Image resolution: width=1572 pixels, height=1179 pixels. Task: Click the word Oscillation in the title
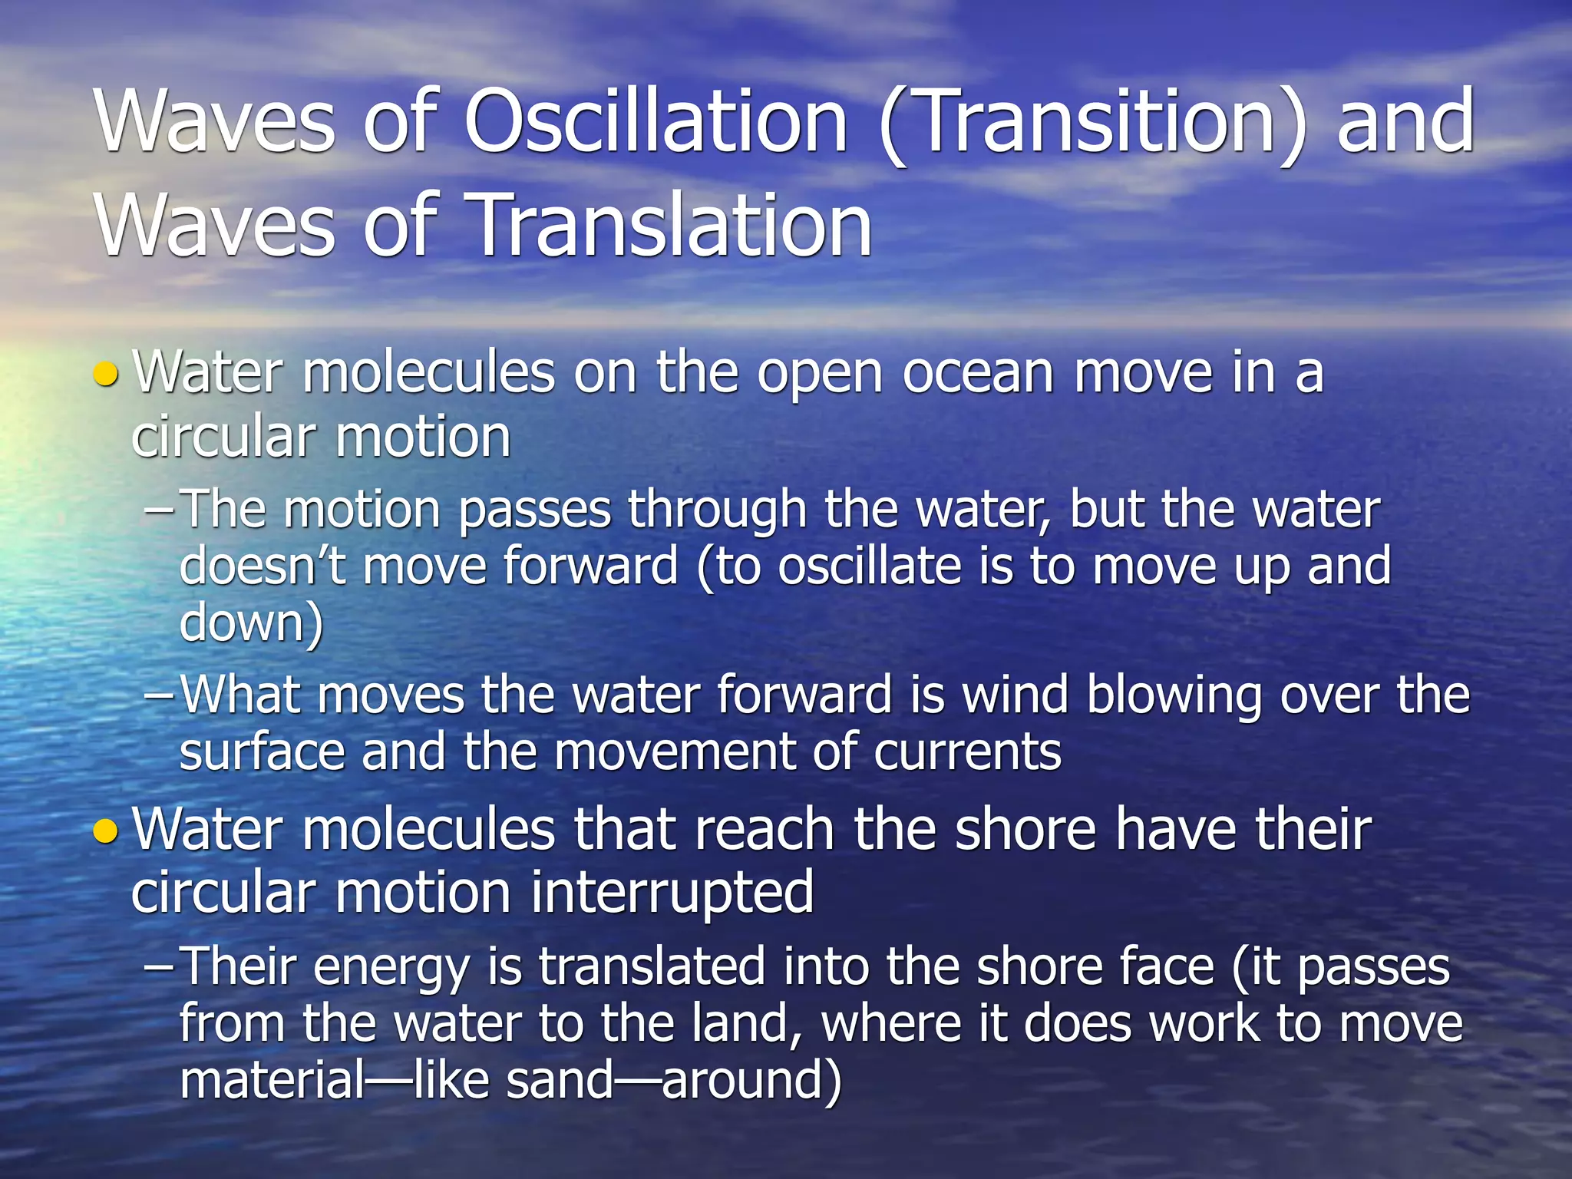[x=656, y=123]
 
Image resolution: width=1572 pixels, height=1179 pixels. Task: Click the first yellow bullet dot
[x=105, y=375]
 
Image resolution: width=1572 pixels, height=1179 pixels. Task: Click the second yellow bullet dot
[x=105, y=832]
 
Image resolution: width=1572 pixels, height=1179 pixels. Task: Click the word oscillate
[x=869, y=566]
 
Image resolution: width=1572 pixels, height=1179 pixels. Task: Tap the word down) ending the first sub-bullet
[x=251, y=622]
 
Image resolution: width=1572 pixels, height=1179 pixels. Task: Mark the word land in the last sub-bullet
[x=745, y=1024]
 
